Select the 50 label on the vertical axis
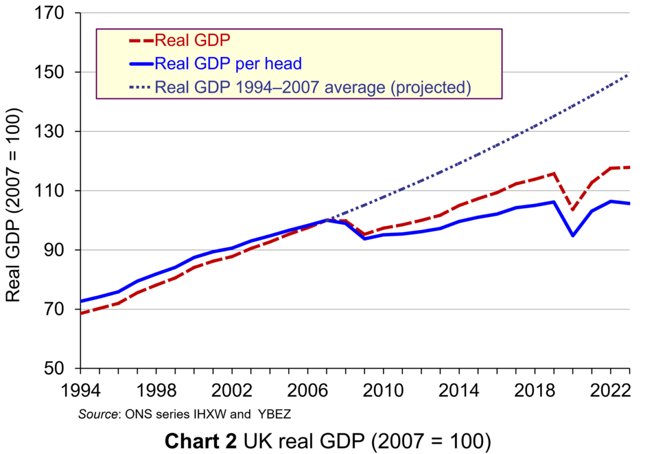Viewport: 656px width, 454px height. (x=62, y=368)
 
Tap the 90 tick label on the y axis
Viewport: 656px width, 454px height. (x=62, y=250)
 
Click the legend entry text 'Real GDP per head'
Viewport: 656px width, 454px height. (x=228, y=63)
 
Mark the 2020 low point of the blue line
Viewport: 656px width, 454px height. (x=573, y=236)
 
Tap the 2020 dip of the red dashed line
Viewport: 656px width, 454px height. (x=573, y=210)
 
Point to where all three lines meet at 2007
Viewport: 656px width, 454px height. (x=327, y=220)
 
